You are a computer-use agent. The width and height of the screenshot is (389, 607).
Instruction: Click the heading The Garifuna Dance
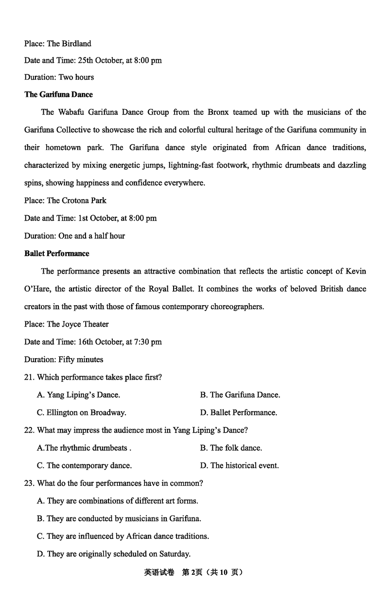click(58, 94)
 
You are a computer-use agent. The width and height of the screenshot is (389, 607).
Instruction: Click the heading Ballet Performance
click(56, 254)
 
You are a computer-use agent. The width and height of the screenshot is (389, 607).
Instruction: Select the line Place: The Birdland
click(57, 44)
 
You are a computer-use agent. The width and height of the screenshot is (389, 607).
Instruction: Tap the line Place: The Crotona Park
click(65, 201)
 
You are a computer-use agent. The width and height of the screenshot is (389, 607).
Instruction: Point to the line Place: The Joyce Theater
click(66, 324)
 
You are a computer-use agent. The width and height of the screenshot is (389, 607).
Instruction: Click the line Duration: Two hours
click(59, 77)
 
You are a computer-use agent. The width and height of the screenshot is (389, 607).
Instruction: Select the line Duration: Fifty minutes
click(64, 360)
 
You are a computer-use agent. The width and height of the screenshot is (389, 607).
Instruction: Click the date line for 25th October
click(93, 60)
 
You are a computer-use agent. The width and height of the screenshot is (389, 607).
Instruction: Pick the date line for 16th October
click(93, 342)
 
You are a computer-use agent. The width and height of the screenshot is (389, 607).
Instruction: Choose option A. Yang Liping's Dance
click(78, 395)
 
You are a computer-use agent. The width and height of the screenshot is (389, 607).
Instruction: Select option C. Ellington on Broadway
click(81, 413)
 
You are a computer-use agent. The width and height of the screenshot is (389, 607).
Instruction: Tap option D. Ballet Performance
click(238, 413)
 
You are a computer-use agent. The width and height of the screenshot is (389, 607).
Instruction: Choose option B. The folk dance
click(230, 448)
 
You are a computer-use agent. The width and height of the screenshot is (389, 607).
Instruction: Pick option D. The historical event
click(239, 466)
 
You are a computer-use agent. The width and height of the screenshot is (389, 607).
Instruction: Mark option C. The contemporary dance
click(84, 466)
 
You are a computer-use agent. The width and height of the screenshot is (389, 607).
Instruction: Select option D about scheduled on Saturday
click(113, 554)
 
